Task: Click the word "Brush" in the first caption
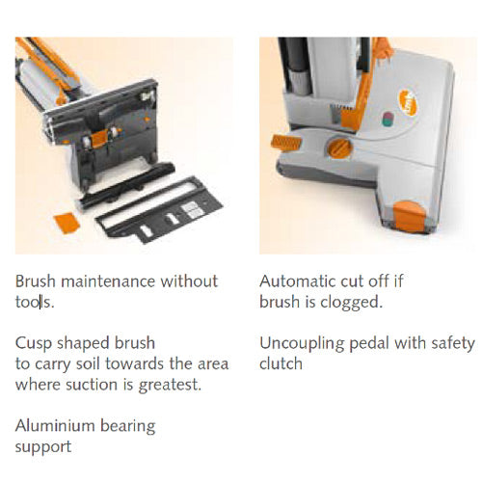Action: (36, 281)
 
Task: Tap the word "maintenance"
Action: (110, 281)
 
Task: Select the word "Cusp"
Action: (34, 344)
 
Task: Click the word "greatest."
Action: (170, 385)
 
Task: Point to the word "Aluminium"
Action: (55, 426)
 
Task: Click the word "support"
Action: (43, 447)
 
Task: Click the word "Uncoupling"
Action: (302, 344)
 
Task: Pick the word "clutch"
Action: (281, 364)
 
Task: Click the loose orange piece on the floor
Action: (67, 223)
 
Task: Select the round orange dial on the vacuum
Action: (339, 148)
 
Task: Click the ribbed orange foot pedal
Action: (286, 142)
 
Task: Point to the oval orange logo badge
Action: (408, 102)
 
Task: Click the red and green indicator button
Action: (388, 120)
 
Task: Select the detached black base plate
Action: (159, 210)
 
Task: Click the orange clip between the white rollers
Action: (99, 139)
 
